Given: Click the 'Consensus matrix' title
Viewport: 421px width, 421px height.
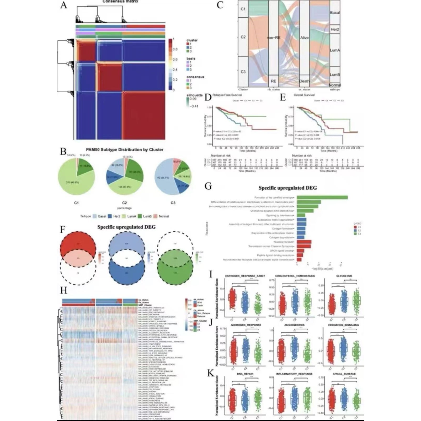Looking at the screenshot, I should [x=120, y=1].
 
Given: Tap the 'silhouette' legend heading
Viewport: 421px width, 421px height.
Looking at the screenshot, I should [x=194, y=95].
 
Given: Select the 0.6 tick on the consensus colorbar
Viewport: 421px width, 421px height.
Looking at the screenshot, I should [x=175, y=59].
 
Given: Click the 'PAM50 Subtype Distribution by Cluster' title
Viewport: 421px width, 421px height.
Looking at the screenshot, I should [x=125, y=150].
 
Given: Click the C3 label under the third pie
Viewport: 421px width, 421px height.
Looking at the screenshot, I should [x=173, y=203].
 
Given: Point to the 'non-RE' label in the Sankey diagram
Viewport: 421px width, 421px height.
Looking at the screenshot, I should [x=273, y=38].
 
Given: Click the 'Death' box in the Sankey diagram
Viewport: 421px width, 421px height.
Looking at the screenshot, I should [x=304, y=81].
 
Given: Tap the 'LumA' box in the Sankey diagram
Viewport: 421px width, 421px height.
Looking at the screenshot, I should [x=335, y=50].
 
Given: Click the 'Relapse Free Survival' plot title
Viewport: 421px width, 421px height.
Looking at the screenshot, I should [x=227, y=95].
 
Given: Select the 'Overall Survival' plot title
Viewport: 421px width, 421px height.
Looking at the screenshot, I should [x=304, y=95].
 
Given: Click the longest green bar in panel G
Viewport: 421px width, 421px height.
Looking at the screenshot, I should [x=322, y=197].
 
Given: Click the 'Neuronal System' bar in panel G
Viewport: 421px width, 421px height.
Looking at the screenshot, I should [x=304, y=242].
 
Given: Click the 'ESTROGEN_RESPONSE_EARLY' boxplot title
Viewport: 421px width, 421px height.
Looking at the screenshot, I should [x=245, y=276].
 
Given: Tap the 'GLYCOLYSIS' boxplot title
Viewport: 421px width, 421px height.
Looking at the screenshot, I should [x=344, y=276].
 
